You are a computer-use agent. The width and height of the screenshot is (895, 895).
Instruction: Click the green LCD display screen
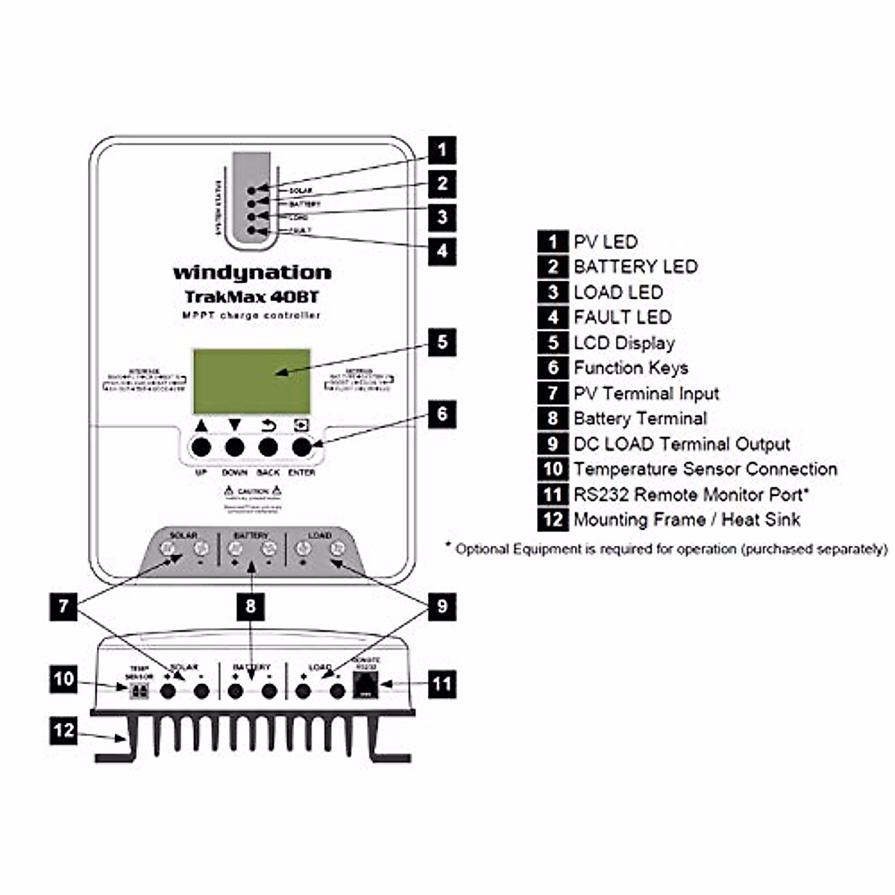coord(251,381)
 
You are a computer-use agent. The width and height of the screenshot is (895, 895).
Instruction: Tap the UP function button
coord(201,447)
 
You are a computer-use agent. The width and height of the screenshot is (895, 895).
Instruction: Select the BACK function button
coord(268,447)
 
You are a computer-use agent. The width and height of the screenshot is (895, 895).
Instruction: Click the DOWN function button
coord(235,447)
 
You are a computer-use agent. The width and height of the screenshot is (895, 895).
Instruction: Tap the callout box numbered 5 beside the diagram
coord(442,342)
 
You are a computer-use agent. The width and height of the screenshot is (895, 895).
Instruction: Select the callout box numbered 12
coord(64,730)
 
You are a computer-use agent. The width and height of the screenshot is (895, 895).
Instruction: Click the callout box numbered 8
coord(251,606)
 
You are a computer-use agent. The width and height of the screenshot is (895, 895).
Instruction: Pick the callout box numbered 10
coord(64,679)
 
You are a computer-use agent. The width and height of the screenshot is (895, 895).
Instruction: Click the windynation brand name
coord(252,273)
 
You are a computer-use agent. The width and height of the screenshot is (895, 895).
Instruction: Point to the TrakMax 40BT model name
coord(252,297)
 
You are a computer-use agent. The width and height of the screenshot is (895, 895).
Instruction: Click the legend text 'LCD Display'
coord(624,343)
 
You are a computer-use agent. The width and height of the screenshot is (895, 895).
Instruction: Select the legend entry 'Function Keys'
coord(630,368)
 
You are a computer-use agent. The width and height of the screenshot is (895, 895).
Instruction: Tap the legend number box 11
coord(553,494)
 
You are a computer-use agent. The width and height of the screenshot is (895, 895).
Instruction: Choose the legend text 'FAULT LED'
coord(622,317)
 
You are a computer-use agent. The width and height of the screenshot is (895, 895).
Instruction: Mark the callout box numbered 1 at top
coord(442,150)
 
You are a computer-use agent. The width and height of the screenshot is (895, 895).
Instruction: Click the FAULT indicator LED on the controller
coord(252,230)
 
